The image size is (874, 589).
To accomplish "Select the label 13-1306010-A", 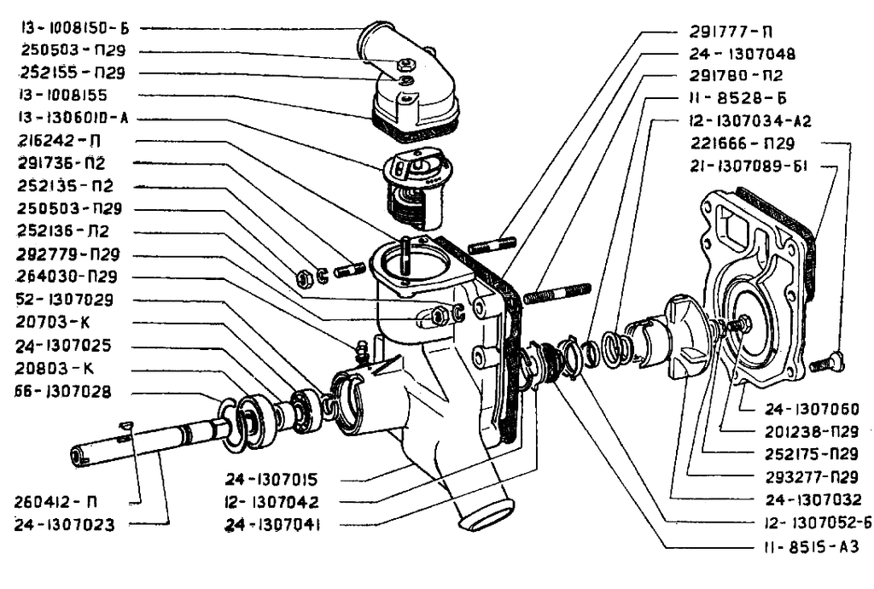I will tap(76, 118).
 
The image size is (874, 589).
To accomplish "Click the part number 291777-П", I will tap(731, 32).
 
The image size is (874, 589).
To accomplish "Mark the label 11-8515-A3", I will tap(809, 546).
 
